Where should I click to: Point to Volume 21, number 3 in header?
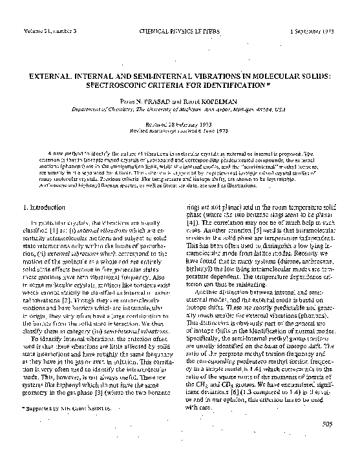click(x=49, y=31)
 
